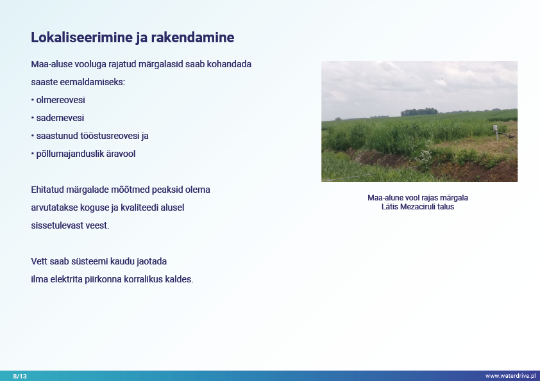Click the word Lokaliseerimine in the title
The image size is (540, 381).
pyautogui.click(x=81, y=38)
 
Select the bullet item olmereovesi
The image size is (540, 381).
pyautogui.click(x=61, y=100)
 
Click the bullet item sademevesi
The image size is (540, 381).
pyautogui.click(x=60, y=118)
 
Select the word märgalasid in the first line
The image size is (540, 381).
pyautogui.click(x=160, y=64)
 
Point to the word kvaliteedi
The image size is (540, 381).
pyautogui.click(x=139, y=207)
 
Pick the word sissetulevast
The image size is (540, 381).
pyautogui.click(x=57, y=225)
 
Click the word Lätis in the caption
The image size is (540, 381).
pyautogui.click(x=390, y=207)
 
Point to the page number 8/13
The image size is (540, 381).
pyautogui.click(x=20, y=376)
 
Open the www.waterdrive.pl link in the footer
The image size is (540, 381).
pyautogui.click(x=510, y=376)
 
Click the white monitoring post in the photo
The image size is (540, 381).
pyautogui.click(x=496, y=133)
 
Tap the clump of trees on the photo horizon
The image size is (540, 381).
pyautogui.click(x=419, y=112)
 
